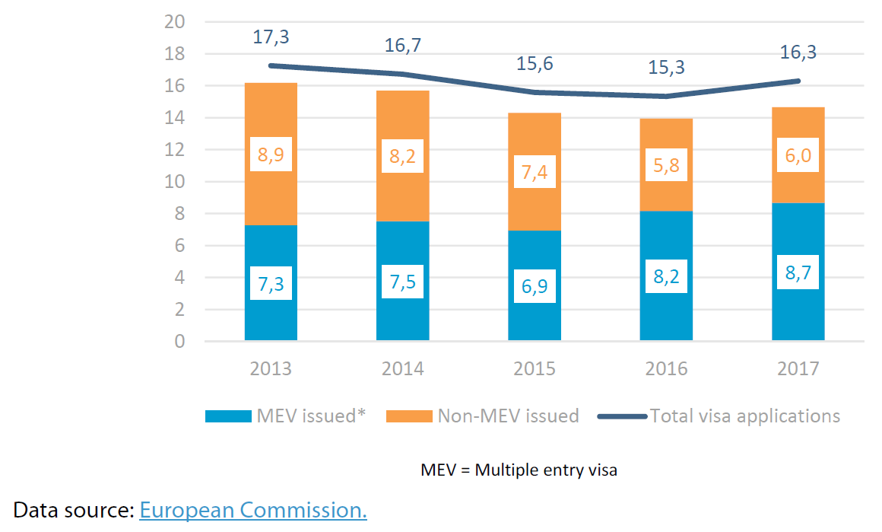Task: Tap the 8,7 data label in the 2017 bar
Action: click(x=798, y=272)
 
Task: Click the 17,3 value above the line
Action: click(x=271, y=36)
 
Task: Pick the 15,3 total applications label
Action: click(x=666, y=67)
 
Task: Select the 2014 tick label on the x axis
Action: click(x=403, y=369)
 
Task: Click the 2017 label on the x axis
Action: click(x=798, y=369)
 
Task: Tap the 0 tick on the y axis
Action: click(x=179, y=342)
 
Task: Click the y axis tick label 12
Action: click(x=175, y=150)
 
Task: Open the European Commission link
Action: click(x=253, y=509)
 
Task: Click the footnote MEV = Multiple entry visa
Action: click(x=519, y=470)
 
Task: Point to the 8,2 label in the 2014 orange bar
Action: click(x=403, y=157)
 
